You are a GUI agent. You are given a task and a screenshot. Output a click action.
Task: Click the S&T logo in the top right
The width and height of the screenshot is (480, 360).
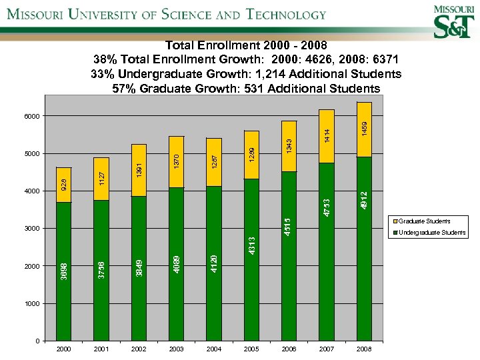[453, 22]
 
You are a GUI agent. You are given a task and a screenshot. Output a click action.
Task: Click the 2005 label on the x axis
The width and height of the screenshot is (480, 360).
[251, 349]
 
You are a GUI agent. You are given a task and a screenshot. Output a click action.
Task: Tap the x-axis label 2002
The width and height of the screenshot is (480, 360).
[139, 349]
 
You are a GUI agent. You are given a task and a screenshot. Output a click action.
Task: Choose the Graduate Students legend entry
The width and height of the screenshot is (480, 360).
[425, 221]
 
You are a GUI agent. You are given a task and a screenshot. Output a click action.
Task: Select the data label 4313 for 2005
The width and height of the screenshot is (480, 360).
[251, 246]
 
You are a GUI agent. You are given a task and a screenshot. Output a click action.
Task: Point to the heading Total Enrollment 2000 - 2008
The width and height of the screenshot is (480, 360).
[246, 46]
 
